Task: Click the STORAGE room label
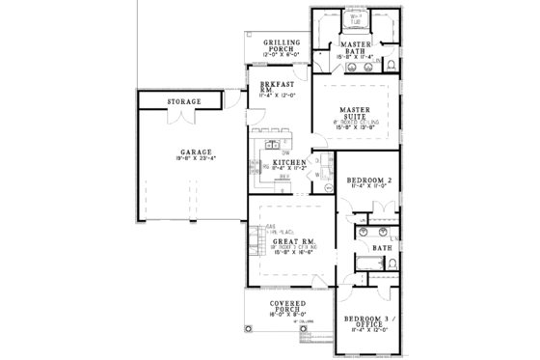(183, 101)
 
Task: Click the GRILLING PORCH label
(282, 46)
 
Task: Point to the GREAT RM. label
(289, 239)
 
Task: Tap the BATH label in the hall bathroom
(382, 247)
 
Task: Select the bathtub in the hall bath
(367, 263)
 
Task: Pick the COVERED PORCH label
(287, 307)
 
